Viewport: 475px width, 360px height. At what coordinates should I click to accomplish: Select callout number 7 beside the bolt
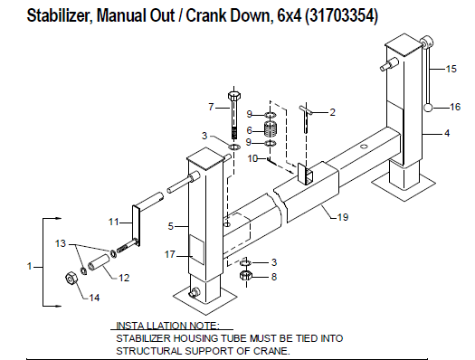[211, 107]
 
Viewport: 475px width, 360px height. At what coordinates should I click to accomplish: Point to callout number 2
[332, 112]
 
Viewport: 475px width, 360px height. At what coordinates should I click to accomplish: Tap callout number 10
[254, 158]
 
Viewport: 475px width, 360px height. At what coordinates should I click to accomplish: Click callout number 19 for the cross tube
[343, 217]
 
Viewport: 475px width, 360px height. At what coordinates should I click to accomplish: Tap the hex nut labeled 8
[244, 276]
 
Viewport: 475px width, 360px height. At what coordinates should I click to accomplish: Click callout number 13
[62, 243]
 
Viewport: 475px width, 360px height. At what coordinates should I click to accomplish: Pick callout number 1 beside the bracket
[31, 267]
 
